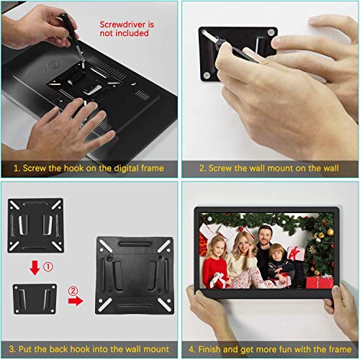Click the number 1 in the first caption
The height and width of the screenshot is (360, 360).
coord(15,168)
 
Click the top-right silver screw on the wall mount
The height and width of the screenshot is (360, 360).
coord(269,32)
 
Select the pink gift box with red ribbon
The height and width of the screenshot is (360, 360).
coord(296,253)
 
